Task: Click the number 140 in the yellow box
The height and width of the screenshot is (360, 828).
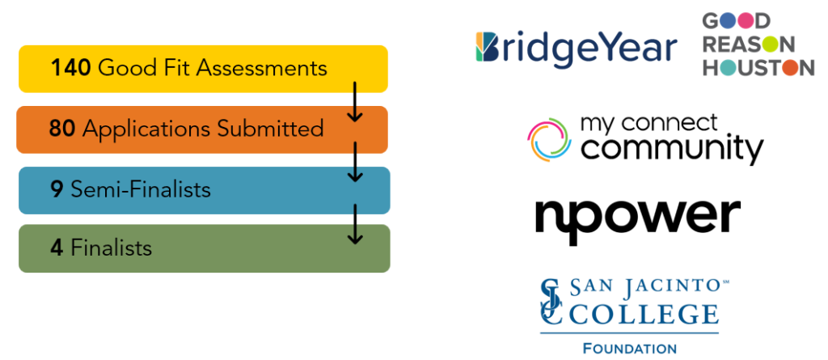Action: coord(70,67)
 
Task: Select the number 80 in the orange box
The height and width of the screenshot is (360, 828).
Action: coord(61,128)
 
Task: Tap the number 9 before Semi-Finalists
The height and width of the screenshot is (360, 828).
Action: coord(57,189)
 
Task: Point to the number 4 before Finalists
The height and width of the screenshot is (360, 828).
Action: coord(57,247)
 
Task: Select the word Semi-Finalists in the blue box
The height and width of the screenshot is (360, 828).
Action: coord(141,189)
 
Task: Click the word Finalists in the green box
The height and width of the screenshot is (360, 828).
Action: coord(112,247)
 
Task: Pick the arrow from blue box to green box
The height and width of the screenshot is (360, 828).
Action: coord(354,222)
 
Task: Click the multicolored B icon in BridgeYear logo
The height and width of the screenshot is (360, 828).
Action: coord(488,48)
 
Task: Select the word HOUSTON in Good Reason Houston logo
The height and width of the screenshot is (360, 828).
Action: coord(758,69)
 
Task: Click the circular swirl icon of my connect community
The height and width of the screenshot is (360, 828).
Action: coord(549,139)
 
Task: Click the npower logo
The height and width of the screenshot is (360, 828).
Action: coord(637,216)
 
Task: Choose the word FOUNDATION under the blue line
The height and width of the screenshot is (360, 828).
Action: coord(629,349)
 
